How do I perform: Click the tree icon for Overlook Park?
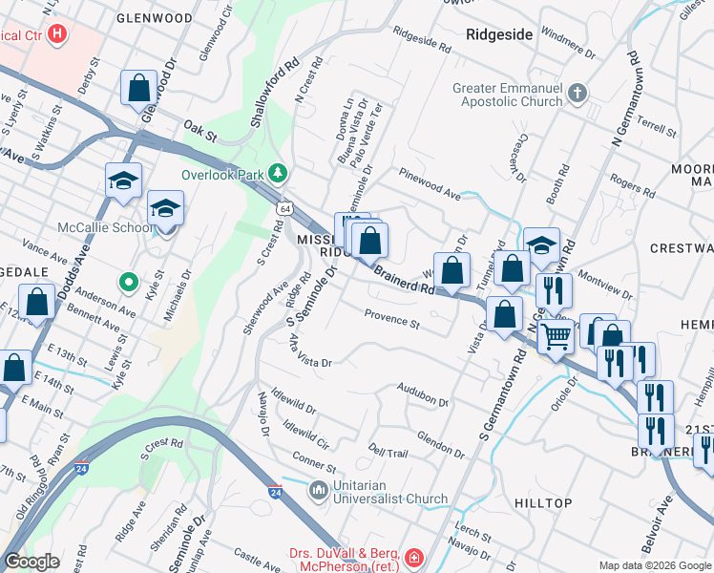pyautogui.click(x=278, y=174)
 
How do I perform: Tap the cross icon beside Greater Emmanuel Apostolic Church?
pyautogui.click(x=577, y=94)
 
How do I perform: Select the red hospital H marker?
pyautogui.click(x=57, y=34)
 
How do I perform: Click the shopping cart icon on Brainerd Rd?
pyautogui.click(x=556, y=335)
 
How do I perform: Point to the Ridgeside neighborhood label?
pyautogui.click(x=499, y=34)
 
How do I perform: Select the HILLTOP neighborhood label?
pyautogui.click(x=543, y=503)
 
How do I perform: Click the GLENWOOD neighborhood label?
pyautogui.click(x=154, y=17)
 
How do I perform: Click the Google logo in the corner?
pyautogui.click(x=31, y=562)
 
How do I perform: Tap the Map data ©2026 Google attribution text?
pyautogui.click(x=654, y=565)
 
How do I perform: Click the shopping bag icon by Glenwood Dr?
pyautogui.click(x=138, y=88)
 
